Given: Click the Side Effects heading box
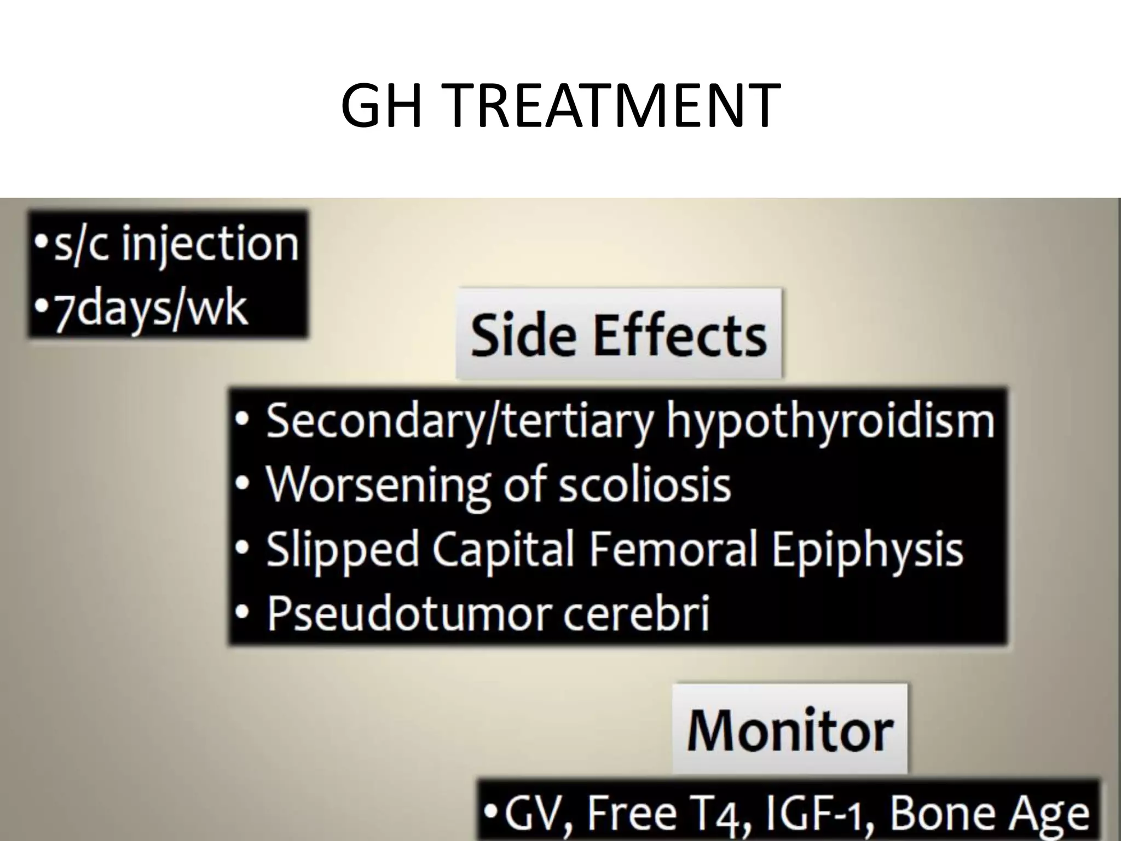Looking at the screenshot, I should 619,334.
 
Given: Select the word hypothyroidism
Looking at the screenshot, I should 830,420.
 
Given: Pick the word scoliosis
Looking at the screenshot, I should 644,484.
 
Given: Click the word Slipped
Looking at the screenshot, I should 342,549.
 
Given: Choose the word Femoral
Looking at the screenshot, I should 674,549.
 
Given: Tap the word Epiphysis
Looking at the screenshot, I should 867,549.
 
